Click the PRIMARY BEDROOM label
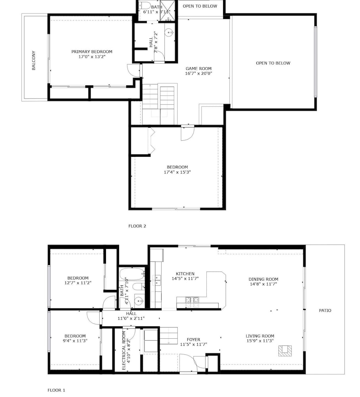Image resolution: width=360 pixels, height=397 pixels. (x=92, y=52)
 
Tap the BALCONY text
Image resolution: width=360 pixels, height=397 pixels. (x=34, y=60)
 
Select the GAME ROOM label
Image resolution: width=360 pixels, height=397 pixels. (x=198, y=68)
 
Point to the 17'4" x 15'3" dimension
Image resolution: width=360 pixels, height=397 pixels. (x=177, y=172)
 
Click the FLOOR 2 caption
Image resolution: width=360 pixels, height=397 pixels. (x=137, y=226)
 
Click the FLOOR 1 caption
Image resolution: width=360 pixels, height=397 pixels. (x=56, y=390)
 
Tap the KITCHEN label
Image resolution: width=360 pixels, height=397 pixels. (x=185, y=274)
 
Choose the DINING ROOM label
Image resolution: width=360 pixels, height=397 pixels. (x=263, y=279)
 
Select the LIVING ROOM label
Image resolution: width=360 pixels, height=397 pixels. (x=260, y=336)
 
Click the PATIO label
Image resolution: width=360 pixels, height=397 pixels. (x=325, y=310)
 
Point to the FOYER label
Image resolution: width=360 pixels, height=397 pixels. (x=193, y=339)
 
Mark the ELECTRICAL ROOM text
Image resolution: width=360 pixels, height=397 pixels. (x=124, y=351)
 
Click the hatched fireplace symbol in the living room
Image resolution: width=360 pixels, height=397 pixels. (x=285, y=351)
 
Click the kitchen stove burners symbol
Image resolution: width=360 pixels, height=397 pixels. (x=192, y=300)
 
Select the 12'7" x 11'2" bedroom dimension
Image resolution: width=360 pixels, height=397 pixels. (x=78, y=283)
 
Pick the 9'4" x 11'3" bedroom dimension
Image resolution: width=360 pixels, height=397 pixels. (x=75, y=341)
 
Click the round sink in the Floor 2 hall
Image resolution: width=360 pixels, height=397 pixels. (x=169, y=33)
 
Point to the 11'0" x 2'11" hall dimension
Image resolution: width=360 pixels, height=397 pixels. (x=131, y=318)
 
